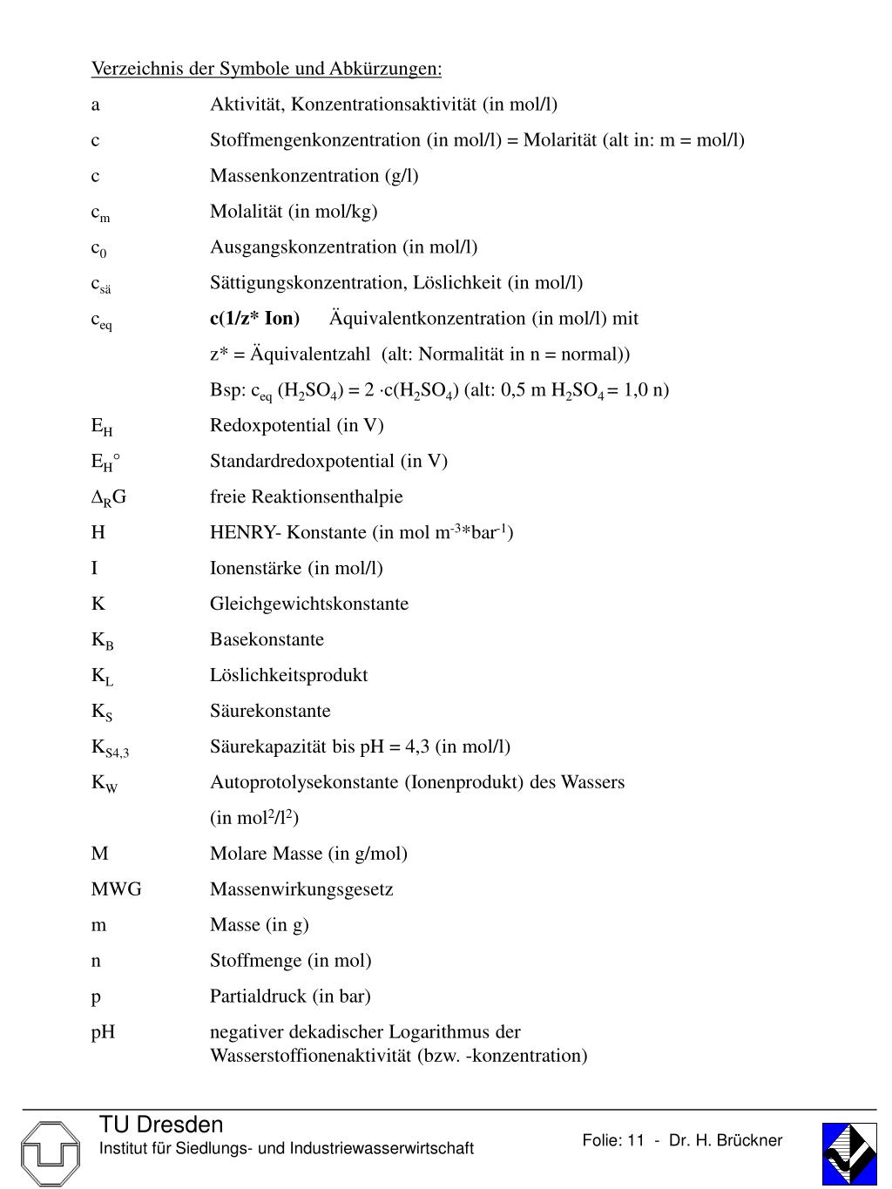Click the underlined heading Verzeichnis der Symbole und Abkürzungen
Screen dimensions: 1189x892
267,69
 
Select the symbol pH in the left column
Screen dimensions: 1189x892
103,1032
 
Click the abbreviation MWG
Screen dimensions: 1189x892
116,889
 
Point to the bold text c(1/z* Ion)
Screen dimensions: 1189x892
254,319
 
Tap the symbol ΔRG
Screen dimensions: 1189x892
109,497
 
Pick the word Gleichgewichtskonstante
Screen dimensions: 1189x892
308,604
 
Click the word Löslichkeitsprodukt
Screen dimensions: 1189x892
288,675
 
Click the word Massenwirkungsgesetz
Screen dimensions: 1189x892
301,889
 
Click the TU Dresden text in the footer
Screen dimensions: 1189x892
161,1125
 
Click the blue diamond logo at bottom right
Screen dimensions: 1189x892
849,1153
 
